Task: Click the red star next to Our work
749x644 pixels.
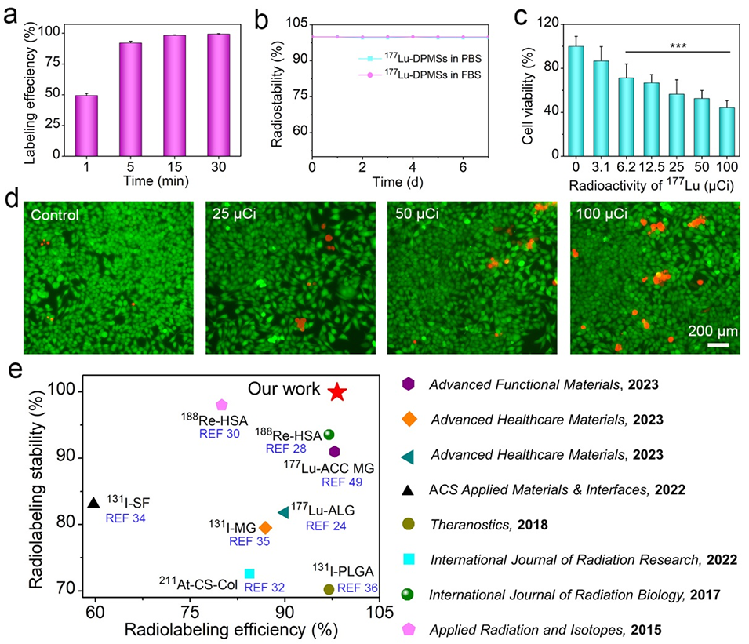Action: tap(336, 391)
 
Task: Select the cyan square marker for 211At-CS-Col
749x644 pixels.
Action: tap(249, 574)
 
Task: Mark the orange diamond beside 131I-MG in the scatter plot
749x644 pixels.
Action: tap(266, 527)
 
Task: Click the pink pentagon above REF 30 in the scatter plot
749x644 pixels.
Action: tap(221, 405)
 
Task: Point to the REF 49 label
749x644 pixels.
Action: tap(343, 482)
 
